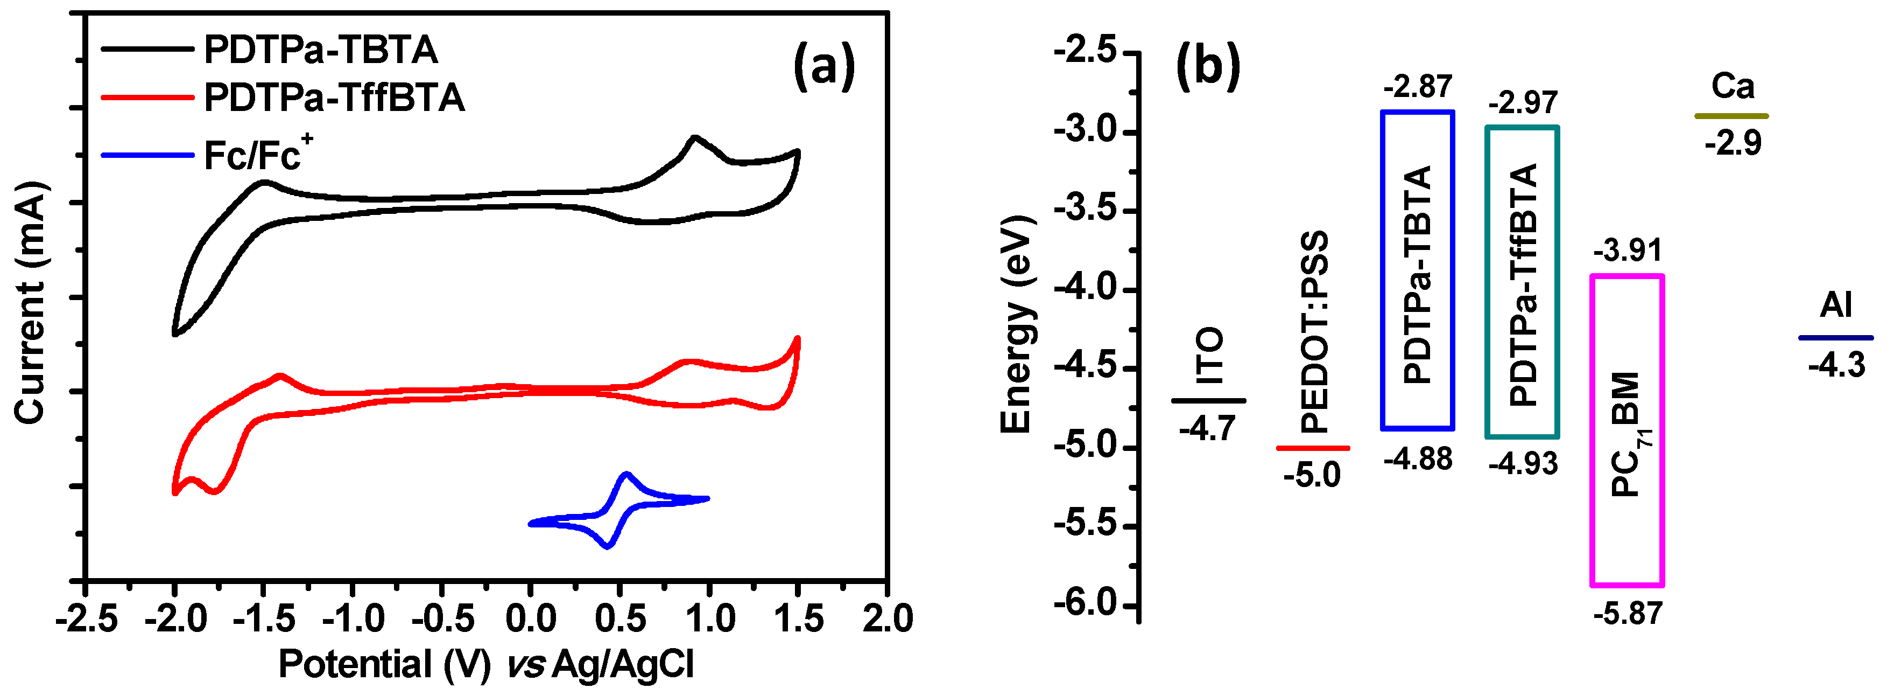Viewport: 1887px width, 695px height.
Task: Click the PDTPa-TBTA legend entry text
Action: (x=320, y=50)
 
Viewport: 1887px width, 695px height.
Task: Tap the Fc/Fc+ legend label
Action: (x=256, y=155)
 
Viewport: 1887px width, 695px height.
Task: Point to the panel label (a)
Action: (x=824, y=66)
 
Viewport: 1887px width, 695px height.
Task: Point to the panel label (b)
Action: (x=1207, y=66)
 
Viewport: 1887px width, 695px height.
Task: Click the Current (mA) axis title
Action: (x=31, y=302)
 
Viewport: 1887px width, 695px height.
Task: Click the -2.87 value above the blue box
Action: (x=1418, y=87)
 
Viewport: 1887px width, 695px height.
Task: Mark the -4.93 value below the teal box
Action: (x=1522, y=463)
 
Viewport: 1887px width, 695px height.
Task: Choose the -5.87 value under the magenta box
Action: (x=1627, y=613)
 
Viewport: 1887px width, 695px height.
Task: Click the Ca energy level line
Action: (x=1731, y=116)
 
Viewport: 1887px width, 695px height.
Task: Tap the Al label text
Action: (x=1836, y=305)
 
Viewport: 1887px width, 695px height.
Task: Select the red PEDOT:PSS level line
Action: (x=1313, y=448)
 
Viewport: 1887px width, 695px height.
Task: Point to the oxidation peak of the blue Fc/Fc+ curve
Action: (x=625, y=474)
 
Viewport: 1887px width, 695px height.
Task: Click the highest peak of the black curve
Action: (x=694, y=138)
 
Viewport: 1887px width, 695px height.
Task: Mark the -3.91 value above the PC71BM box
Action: (x=1627, y=251)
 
